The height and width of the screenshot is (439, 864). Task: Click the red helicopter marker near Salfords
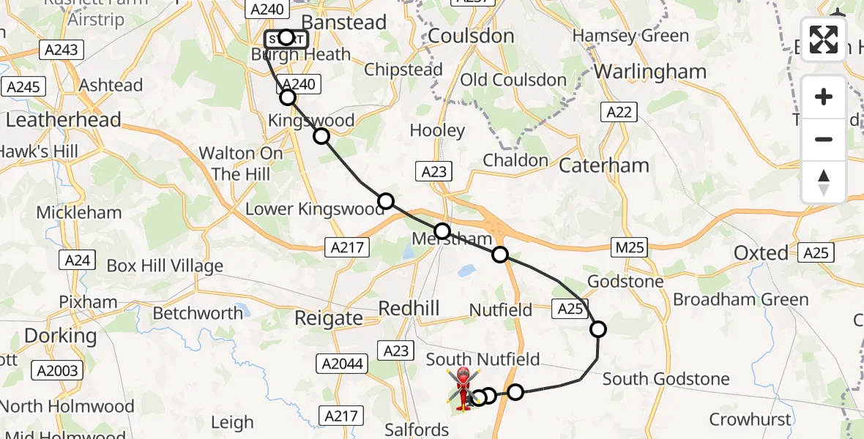point(463,388)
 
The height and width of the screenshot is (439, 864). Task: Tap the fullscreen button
point(824,40)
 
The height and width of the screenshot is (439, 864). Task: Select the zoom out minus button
point(824,139)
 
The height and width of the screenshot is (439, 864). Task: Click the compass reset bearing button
point(824,182)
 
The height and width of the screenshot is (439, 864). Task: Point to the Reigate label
point(328,318)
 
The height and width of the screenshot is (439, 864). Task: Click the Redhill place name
point(409,308)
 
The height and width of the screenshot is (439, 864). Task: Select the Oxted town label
point(761,253)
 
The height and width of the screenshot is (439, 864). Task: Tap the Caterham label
point(604,165)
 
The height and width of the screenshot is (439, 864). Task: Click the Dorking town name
point(60,336)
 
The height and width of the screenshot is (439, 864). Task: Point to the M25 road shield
point(630,247)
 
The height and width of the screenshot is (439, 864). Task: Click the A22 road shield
point(619,112)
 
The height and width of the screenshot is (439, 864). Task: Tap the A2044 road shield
point(343,364)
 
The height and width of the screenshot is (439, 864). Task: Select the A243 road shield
point(62,50)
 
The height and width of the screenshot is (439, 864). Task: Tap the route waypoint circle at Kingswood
point(321,136)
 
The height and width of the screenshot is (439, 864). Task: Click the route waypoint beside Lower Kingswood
point(386,201)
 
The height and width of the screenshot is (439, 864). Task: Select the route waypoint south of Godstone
point(598,329)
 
